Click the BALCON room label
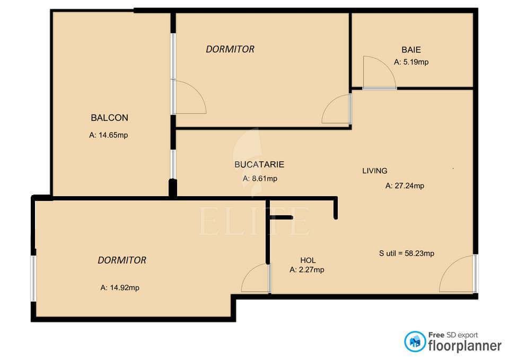[109, 118]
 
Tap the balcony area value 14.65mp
[108, 135]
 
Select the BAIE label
[411, 50]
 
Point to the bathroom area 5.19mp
[411, 62]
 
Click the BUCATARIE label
[259, 164]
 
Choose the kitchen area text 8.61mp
[260, 179]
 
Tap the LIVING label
[375, 171]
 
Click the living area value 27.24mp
[405, 186]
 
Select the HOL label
[308, 260]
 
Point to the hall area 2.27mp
[307, 270]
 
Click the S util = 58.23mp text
[407, 253]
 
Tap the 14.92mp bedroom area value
[120, 287]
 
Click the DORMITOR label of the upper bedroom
[230, 49]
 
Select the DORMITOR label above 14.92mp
[122, 260]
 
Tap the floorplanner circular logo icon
[415, 342]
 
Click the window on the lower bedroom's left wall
[33, 278]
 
